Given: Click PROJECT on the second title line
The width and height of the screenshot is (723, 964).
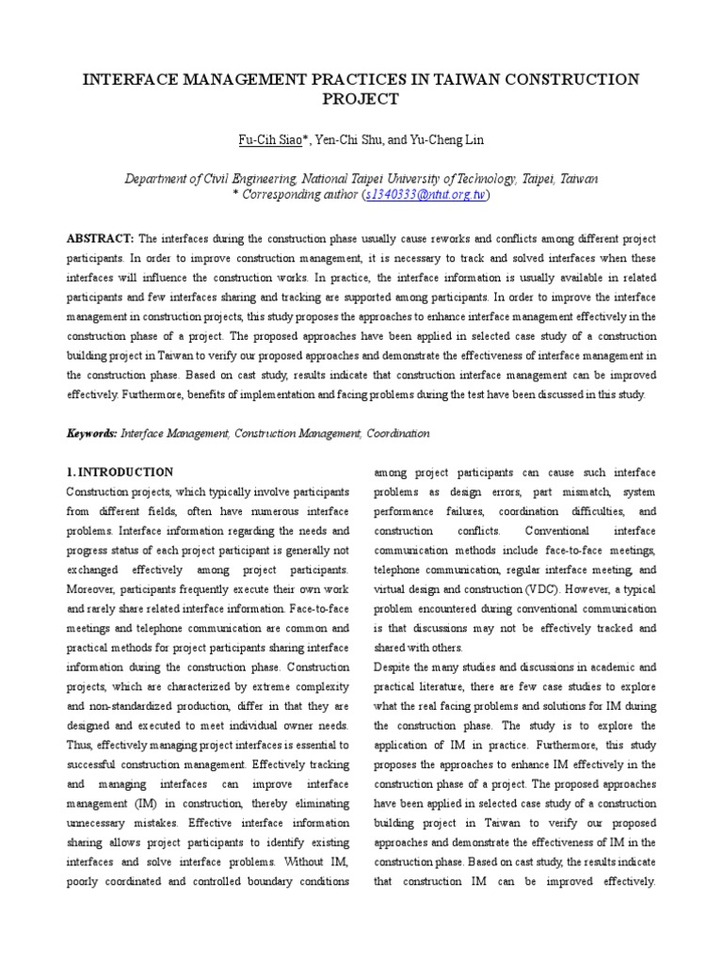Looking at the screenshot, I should [361, 100].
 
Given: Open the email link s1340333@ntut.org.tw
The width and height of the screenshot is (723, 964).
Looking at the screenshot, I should [425, 195].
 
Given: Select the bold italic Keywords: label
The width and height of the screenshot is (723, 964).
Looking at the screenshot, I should [91, 433].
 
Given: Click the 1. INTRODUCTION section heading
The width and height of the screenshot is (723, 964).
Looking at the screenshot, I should [120, 472].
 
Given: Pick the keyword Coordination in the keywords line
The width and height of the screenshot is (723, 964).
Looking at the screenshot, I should [396, 433].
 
